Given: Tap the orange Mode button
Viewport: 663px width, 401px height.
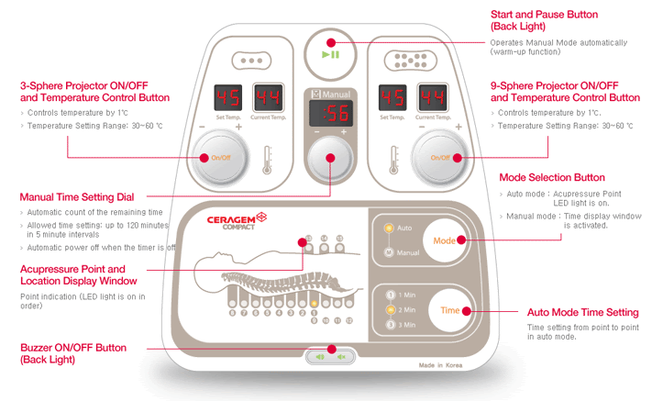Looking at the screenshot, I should coord(445,240).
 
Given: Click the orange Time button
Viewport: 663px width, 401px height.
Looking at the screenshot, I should coord(449,310).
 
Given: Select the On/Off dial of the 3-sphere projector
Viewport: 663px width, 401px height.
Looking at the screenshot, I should coord(221,157).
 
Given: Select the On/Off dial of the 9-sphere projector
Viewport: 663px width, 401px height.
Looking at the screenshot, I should coord(441,157).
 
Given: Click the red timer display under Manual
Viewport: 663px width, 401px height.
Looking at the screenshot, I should coord(330,114).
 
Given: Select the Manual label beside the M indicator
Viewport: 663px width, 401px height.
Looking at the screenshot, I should coord(408,251).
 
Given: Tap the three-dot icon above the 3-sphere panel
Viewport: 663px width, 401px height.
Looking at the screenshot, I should coord(249,60).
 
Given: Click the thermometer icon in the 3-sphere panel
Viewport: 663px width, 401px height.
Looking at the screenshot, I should coord(267,159).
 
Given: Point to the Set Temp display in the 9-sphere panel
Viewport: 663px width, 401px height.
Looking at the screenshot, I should coord(392,97).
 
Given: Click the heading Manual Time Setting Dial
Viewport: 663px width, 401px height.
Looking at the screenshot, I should coord(77,196).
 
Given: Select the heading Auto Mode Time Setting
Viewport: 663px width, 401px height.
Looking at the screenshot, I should coord(583,313).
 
